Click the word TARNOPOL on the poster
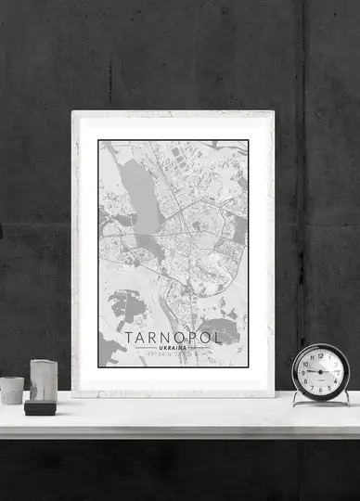tap(174, 336)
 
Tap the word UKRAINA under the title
tap(174, 347)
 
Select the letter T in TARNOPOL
tap(128, 336)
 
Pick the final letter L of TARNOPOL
tap(218, 336)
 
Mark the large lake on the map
tap(138, 195)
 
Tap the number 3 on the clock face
tap(337, 371)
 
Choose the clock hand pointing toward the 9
tap(311, 371)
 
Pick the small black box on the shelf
tap(40, 406)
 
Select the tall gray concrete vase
tap(43, 379)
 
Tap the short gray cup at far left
tap(12, 391)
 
